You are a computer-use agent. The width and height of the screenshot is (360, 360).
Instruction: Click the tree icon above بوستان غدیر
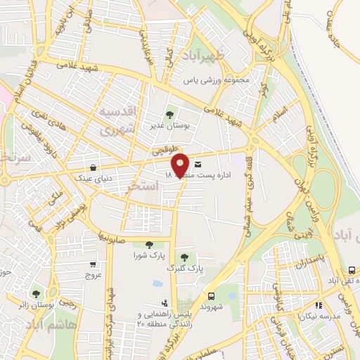pos(169,114)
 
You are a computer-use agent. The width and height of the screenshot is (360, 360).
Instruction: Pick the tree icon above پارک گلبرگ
pos(184,257)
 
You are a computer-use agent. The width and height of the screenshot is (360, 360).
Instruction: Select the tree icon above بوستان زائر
pos(36,293)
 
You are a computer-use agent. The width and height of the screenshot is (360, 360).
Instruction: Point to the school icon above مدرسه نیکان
pos(318,306)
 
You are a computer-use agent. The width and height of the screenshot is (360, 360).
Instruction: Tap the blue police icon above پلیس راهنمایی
pos(156,283)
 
